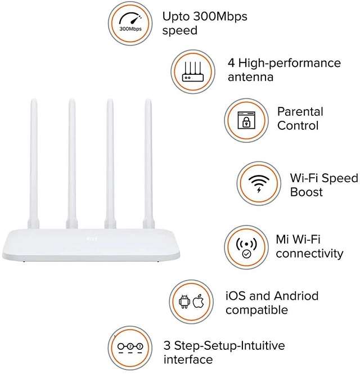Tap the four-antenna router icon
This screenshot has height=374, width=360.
pyautogui.click(x=193, y=71)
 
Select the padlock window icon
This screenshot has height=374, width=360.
pyautogui.click(x=246, y=120)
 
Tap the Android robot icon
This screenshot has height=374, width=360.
pyautogui.click(x=184, y=301)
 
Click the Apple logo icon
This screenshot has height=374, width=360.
pyautogui.click(x=199, y=301)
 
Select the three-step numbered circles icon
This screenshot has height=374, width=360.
pyautogui.click(x=130, y=348)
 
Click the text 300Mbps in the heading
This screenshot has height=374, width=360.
pyautogui.click(x=220, y=16)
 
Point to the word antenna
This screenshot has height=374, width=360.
pyautogui.click(x=250, y=77)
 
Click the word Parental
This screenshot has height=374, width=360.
pyautogui.click(x=300, y=111)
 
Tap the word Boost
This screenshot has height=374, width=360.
pyautogui.click(x=307, y=192)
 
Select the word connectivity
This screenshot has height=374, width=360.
pyautogui.click(x=309, y=253)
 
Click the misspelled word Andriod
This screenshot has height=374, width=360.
pyautogui.click(x=296, y=296)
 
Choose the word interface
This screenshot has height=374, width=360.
pyautogui.click(x=188, y=359)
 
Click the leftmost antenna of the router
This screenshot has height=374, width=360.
pyautogui.click(x=34, y=164)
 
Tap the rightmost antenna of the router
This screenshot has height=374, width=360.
pyautogui.click(x=148, y=164)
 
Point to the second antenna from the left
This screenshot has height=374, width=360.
pyautogui.click(x=72, y=164)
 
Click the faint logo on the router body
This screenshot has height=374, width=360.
pyautogui.click(x=91, y=238)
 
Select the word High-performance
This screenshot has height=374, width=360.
pyautogui.click(x=290, y=63)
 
